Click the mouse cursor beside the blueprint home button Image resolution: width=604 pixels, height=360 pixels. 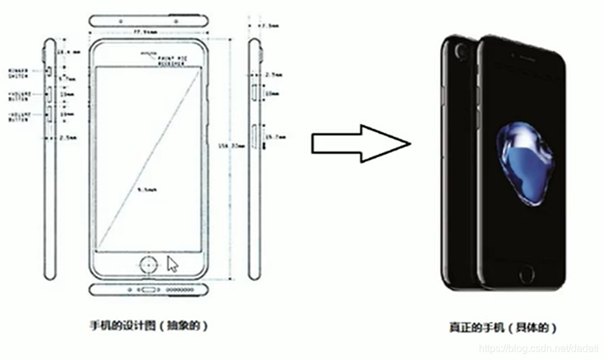(x=171, y=264)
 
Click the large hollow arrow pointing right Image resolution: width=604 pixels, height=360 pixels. (x=360, y=143)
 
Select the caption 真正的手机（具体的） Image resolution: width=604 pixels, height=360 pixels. (x=502, y=328)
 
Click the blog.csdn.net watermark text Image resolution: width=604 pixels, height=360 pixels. (x=537, y=349)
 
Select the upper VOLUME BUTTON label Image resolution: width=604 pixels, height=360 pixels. (x=18, y=95)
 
